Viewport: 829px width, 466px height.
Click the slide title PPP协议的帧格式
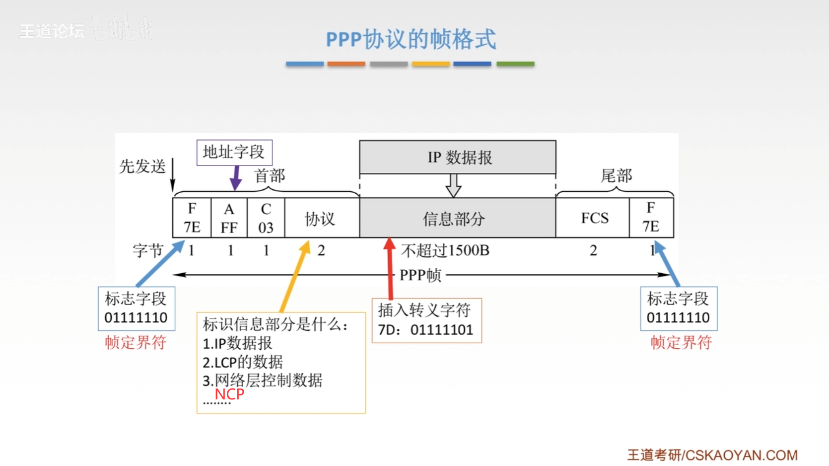411,39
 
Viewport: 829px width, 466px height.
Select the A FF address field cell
229,218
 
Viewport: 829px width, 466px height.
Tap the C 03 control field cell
266,218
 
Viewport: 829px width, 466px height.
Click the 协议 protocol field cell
320,219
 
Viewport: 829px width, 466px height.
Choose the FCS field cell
594,218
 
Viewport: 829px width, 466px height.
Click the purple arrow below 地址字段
236,178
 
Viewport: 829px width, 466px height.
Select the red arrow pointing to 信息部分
390,268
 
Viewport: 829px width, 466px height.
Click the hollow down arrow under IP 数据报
453,186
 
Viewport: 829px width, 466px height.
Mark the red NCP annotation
229,394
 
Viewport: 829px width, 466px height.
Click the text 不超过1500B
445,250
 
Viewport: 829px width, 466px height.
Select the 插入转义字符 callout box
426,320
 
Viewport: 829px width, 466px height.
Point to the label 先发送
142,166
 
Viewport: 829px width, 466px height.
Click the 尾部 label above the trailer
616,175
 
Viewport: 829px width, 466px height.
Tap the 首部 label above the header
270,175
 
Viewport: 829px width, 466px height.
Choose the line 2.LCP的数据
243,362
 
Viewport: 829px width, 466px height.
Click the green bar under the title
515,64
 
